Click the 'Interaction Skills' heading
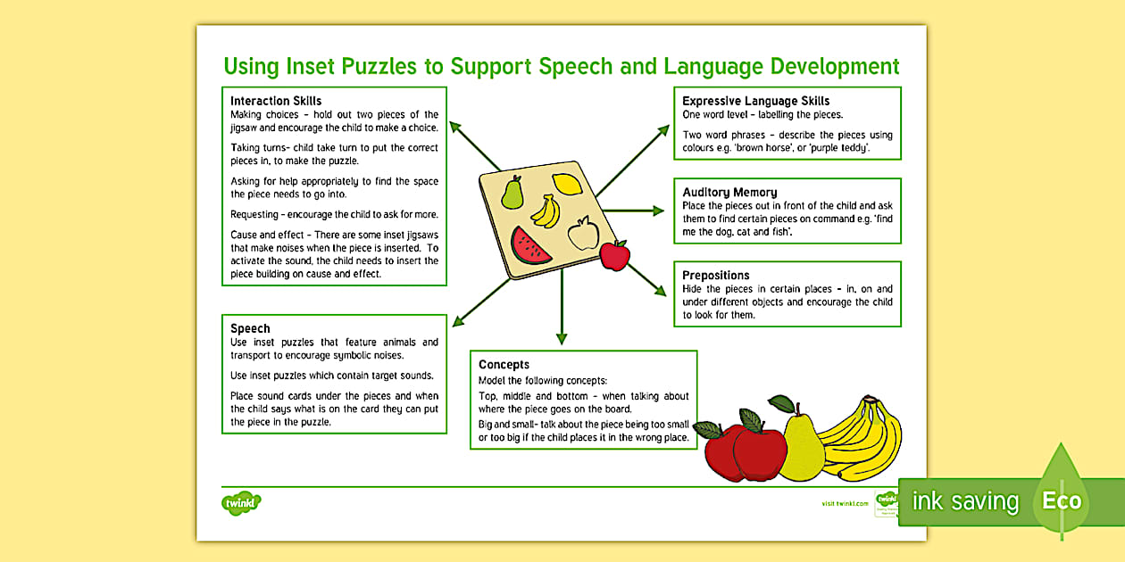click(276, 101)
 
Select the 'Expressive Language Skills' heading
click(755, 101)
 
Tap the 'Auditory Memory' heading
click(729, 192)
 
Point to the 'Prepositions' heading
click(716, 275)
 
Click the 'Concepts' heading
click(504, 364)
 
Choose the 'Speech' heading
click(250, 328)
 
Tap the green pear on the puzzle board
click(512, 192)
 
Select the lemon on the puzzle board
click(567, 184)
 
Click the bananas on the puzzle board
click(546, 211)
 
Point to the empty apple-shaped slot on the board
click(583, 234)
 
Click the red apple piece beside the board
click(614, 255)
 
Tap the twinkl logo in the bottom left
click(241, 503)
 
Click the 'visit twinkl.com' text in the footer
click(844, 504)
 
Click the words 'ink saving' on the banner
click(964, 501)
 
